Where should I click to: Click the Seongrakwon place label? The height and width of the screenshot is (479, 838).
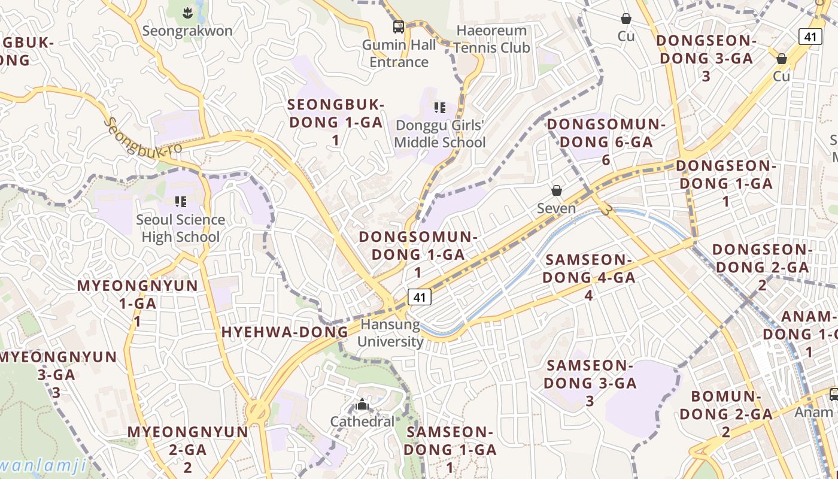click(x=188, y=31)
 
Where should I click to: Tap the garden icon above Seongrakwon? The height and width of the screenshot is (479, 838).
click(x=187, y=11)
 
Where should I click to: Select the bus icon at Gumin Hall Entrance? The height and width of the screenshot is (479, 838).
click(x=399, y=26)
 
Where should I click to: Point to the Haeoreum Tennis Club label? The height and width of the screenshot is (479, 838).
click(x=491, y=39)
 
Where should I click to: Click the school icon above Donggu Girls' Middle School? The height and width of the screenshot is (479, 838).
click(x=440, y=108)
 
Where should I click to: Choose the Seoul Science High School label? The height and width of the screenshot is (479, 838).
click(x=181, y=228)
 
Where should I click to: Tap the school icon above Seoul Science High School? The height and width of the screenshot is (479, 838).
click(x=181, y=202)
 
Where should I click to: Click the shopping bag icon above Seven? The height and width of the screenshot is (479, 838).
click(x=557, y=190)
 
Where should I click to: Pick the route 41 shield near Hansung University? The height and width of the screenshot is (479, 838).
click(x=420, y=296)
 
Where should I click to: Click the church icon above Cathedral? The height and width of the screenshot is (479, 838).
click(x=362, y=405)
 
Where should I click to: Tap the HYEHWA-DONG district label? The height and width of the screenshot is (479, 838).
click(x=285, y=332)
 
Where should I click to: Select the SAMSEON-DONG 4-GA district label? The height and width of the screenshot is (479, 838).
click(x=589, y=277)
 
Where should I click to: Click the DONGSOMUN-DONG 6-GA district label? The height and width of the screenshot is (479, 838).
click(x=606, y=142)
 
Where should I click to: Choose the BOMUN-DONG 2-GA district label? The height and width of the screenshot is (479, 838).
click(x=726, y=413)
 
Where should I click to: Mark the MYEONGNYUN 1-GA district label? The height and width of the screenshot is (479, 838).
click(x=138, y=303)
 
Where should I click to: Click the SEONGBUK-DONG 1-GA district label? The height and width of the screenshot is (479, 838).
click(x=335, y=122)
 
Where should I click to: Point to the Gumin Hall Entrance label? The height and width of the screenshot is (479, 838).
click(x=399, y=53)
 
